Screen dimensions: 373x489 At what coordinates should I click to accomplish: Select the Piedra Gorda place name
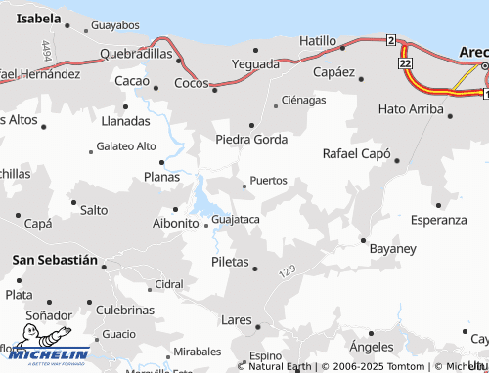(x=251, y=139)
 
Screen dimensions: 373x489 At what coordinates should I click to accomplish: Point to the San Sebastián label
(x=55, y=260)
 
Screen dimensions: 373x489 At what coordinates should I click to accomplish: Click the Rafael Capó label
(x=356, y=154)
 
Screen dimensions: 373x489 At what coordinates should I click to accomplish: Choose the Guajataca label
(x=236, y=219)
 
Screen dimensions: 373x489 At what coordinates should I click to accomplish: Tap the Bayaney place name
(x=392, y=248)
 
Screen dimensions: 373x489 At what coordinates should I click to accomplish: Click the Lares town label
(x=236, y=319)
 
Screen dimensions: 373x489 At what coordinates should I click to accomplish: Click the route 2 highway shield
(x=391, y=39)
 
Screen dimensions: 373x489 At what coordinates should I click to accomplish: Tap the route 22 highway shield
(x=405, y=62)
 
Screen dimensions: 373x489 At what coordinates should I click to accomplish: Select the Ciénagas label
(x=303, y=100)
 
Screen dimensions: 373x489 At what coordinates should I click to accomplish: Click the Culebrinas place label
(x=125, y=310)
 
